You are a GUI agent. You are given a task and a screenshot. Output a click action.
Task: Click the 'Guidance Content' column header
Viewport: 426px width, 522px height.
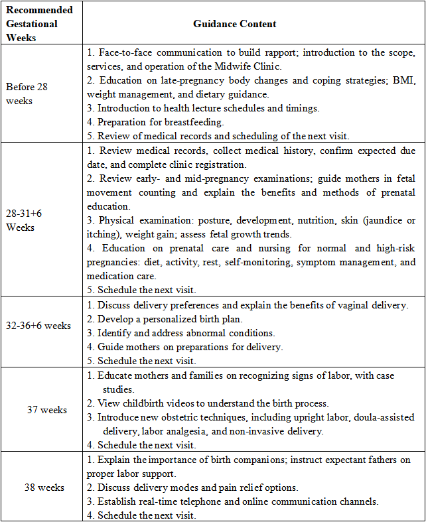coord(235,24)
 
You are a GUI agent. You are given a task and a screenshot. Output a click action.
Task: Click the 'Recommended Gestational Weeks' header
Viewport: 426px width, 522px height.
coord(40,24)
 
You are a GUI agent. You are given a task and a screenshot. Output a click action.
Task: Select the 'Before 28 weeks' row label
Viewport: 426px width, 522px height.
coord(27,94)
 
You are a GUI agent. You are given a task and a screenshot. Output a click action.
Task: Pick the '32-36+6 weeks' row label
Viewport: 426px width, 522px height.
coord(38,326)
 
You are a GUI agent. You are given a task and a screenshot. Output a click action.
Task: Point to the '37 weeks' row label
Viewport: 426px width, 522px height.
coord(47,409)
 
